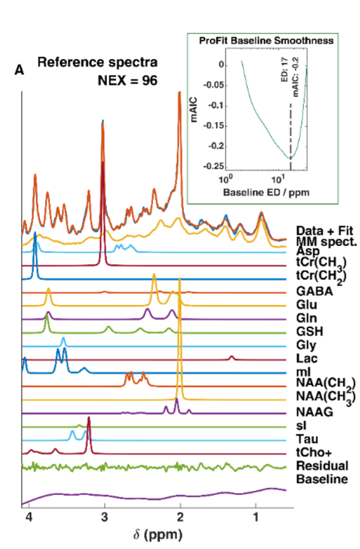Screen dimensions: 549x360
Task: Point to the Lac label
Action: pyautogui.click(x=307, y=359)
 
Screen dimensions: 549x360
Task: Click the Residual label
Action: pyautogui.click(x=322, y=466)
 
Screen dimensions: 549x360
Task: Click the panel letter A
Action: pyautogui.click(x=19, y=70)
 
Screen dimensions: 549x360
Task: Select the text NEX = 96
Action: pyautogui.click(x=127, y=80)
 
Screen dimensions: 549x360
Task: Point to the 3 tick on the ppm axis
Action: pyautogui.click(x=105, y=517)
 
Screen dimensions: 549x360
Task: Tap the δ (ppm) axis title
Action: pyautogui.click(x=157, y=534)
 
